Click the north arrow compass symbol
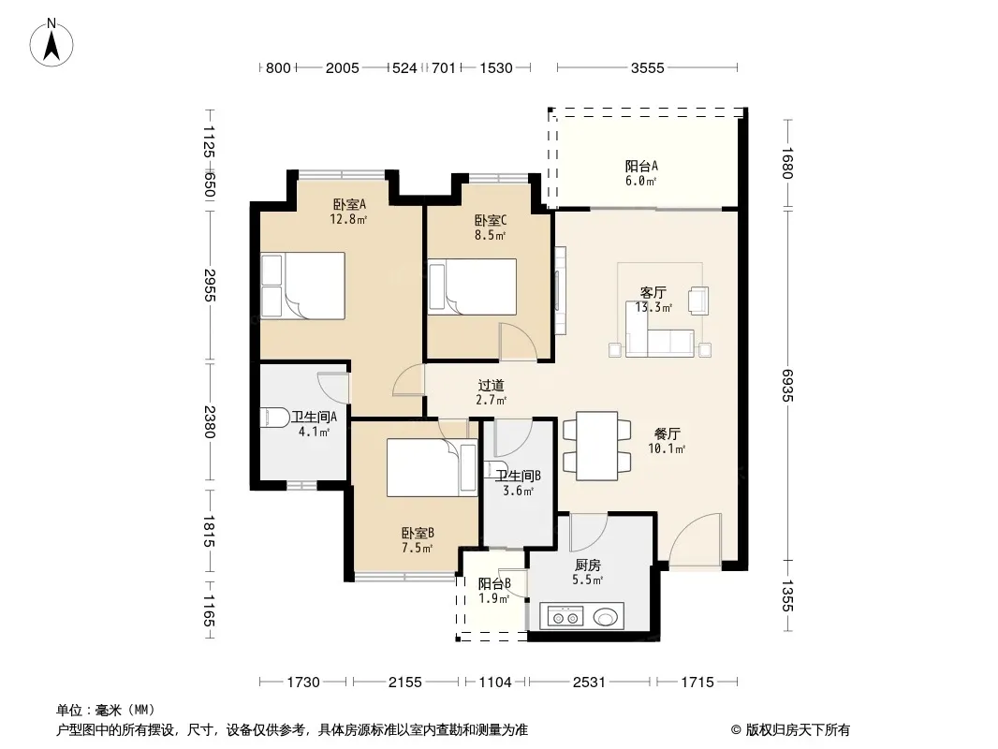tap(51, 43)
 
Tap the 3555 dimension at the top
tap(647, 67)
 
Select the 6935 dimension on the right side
tap(788, 385)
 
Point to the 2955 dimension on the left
tap(210, 286)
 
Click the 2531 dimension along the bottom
tap(589, 683)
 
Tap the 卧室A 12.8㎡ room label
tap(349, 212)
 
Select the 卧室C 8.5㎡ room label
tap(490, 228)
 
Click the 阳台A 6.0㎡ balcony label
tap(641, 173)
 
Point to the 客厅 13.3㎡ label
tap(653, 300)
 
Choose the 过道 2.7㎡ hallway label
tap(492, 392)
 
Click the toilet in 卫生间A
tap(275, 418)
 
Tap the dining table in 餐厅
tap(597, 446)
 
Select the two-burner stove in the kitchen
tap(565, 617)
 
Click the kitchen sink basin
tap(606, 617)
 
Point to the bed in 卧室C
tap(472, 286)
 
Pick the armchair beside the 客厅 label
tap(698, 301)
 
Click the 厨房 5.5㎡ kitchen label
tap(587, 572)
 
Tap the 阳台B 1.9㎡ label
tap(494, 591)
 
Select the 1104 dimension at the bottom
tap(495, 683)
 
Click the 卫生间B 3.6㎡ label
tap(518, 483)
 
